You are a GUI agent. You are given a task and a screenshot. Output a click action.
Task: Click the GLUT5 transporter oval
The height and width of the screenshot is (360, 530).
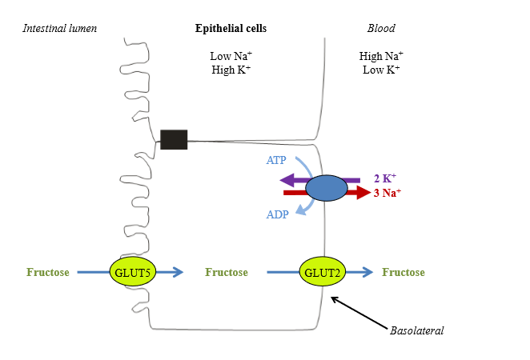click(132, 272)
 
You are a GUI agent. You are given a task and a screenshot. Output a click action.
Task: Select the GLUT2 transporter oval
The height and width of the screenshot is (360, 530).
click(323, 272)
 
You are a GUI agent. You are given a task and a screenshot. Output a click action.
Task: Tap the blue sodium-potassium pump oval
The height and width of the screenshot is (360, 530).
click(326, 188)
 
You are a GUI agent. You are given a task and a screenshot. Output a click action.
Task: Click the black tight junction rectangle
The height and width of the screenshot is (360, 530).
click(174, 139)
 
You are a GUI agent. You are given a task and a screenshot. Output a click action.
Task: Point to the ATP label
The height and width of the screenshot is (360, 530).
click(275, 160)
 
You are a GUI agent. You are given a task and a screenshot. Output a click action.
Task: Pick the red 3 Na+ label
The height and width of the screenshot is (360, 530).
click(387, 193)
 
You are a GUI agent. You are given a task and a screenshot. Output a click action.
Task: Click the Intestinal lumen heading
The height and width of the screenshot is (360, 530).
click(59, 29)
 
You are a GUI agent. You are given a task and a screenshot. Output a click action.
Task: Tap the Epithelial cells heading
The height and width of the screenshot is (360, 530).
click(231, 29)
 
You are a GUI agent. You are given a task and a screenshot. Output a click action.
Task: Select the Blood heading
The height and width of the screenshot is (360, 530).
click(381, 29)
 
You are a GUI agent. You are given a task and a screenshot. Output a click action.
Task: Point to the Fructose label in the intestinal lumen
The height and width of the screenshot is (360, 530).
click(47, 273)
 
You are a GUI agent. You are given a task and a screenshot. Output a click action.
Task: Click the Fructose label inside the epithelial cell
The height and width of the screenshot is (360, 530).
click(227, 273)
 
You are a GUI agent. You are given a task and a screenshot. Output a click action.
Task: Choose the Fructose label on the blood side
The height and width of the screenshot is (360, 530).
click(404, 273)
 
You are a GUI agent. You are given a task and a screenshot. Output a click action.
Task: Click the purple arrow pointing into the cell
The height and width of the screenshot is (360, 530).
click(292, 181)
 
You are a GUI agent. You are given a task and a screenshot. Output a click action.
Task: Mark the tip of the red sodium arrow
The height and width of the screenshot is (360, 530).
click(368, 193)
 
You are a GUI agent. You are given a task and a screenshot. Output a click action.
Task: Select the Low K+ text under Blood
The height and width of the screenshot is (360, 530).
click(381, 70)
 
